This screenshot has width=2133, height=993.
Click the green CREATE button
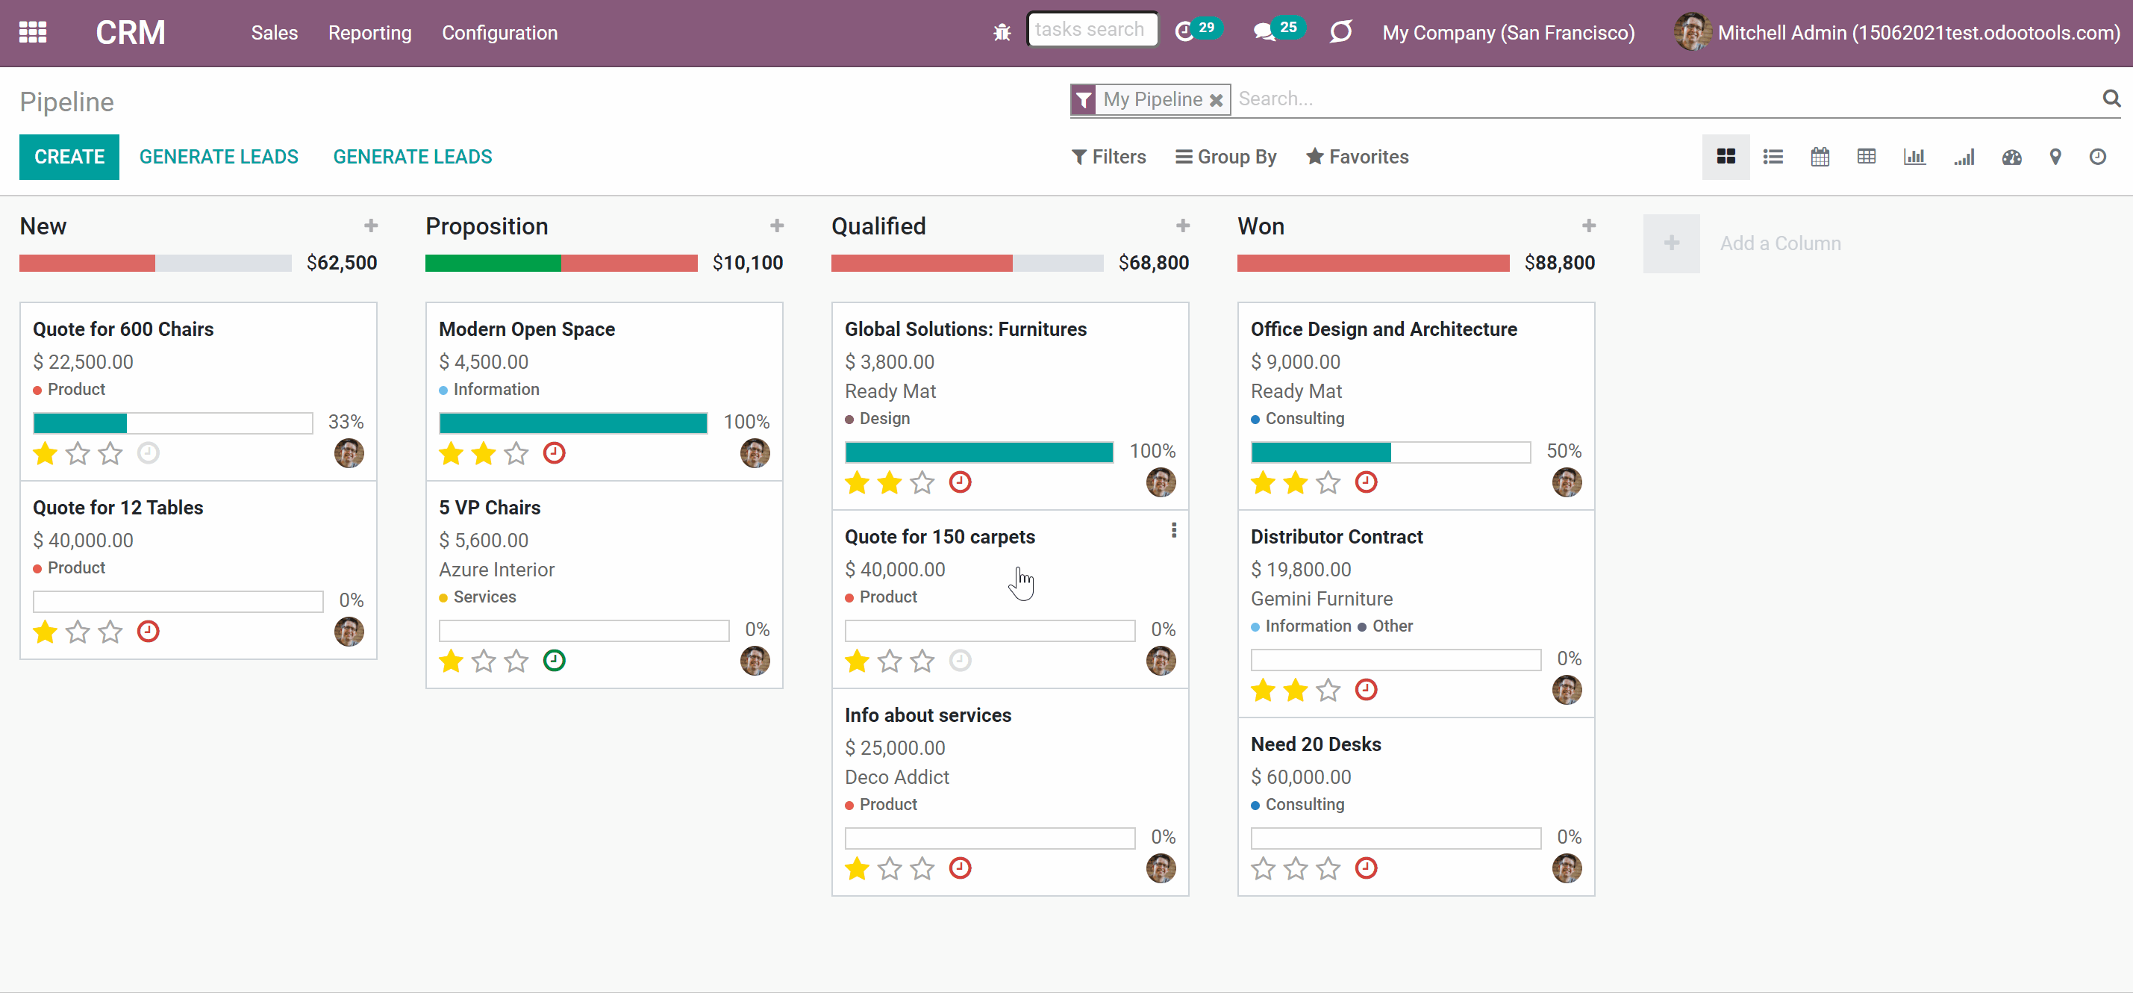[69, 157]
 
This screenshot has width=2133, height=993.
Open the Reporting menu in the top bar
[369, 33]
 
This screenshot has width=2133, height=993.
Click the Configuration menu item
[499, 33]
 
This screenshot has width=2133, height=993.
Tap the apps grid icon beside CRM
[33, 32]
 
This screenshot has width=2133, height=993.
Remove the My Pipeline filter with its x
[1216, 100]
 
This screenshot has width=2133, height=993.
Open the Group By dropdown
[1226, 157]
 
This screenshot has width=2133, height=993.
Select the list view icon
[1773, 157]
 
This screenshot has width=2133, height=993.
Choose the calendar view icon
[1820, 157]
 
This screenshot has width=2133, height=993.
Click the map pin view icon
[2055, 157]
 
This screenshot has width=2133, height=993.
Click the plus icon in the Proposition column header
[777, 225]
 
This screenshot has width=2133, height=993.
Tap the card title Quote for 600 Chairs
[123, 329]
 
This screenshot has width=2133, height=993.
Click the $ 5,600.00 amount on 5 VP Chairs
[484, 540]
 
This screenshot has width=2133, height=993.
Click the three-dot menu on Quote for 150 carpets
[1174, 530]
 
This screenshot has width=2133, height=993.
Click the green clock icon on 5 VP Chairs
[554, 660]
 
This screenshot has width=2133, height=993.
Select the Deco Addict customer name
[897, 776]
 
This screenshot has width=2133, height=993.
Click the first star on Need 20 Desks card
[1263, 868]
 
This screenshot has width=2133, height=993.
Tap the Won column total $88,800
[1559, 263]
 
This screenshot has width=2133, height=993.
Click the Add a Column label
[1780, 243]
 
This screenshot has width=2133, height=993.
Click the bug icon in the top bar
[1002, 32]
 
